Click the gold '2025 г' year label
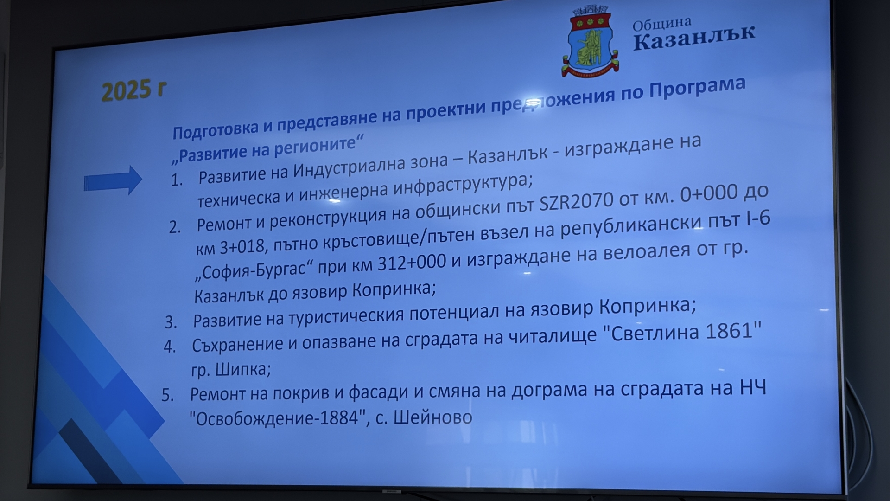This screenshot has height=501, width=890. pyautogui.click(x=133, y=90)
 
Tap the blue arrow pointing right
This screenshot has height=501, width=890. pyautogui.click(x=113, y=180)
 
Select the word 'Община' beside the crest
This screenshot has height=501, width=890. pyautogui.click(x=661, y=24)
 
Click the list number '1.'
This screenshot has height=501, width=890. pyautogui.click(x=177, y=180)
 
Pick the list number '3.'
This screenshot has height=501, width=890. pyautogui.click(x=171, y=322)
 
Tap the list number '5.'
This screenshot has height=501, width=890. pyautogui.click(x=167, y=395)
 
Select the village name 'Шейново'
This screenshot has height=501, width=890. pyautogui.click(x=432, y=417)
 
